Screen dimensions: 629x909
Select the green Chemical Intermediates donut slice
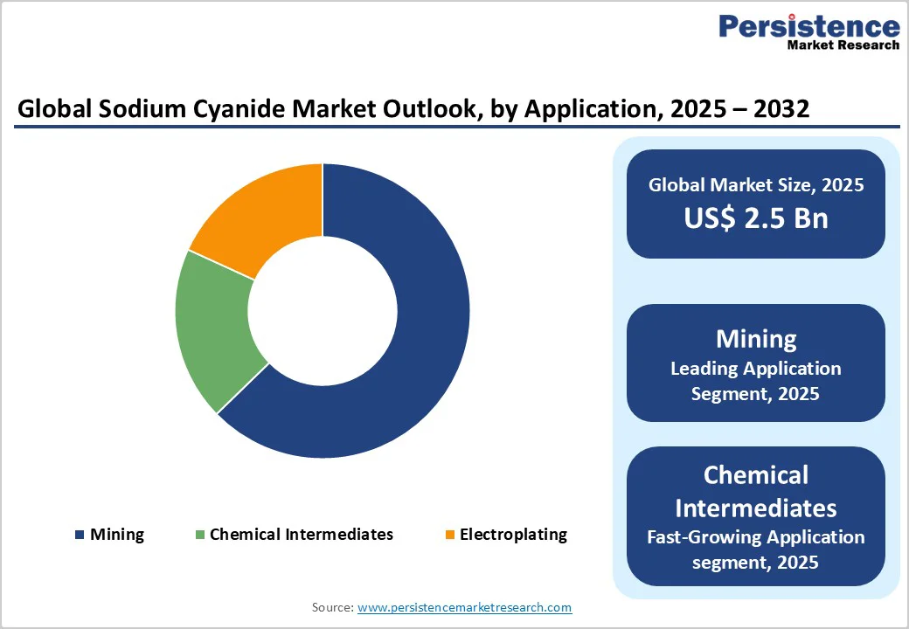[x=214, y=328]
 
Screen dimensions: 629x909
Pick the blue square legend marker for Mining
[x=80, y=535]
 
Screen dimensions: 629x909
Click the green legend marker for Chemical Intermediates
[x=200, y=535]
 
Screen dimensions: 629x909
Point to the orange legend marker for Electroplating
[x=450, y=535]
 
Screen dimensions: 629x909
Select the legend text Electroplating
[x=513, y=535]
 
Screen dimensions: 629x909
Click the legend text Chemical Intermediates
[x=302, y=535]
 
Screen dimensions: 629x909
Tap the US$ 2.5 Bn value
[x=756, y=218]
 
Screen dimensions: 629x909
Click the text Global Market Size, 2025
[x=756, y=184]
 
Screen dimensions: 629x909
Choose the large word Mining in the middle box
[x=756, y=339]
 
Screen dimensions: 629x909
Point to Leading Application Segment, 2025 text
[x=756, y=381]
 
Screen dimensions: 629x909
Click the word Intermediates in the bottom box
[x=756, y=508]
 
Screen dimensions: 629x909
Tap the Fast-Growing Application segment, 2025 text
[x=756, y=549]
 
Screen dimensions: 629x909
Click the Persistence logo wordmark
[x=808, y=26]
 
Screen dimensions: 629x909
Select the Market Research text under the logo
[x=843, y=45]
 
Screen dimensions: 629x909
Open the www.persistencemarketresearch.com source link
[x=464, y=607]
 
